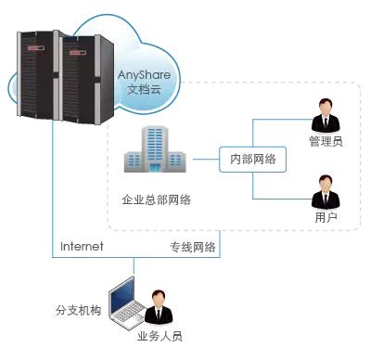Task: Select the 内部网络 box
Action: coord(252,158)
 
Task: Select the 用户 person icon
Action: coord(325,193)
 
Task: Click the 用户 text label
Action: coord(325,218)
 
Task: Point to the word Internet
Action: coord(82,247)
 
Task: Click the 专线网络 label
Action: coord(192,247)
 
